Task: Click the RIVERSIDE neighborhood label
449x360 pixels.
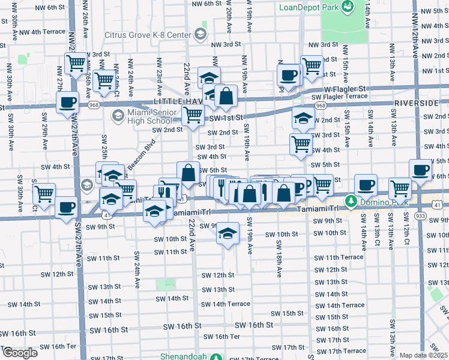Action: click(x=420, y=103)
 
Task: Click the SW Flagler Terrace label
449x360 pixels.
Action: click(x=339, y=96)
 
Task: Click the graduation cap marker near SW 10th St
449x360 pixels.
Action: click(x=228, y=233)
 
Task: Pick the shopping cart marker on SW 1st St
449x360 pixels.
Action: click(x=192, y=116)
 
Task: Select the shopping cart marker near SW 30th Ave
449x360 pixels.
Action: click(x=44, y=193)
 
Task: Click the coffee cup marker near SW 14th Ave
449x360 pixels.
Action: click(x=365, y=184)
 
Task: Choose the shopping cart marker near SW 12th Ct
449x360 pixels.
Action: click(x=400, y=188)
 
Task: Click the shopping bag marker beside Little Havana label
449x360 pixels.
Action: click(x=226, y=96)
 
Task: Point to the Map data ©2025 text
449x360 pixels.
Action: click(x=424, y=355)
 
